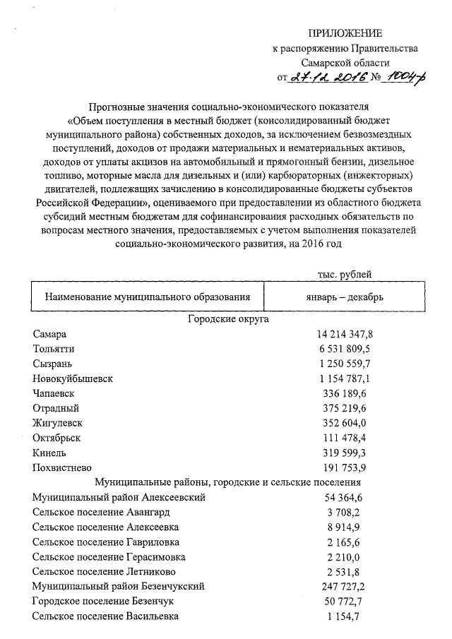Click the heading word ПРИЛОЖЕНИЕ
[345, 33]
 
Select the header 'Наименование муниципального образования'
[148, 297]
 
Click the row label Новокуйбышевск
[73, 378]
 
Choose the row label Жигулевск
[57, 423]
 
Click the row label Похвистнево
[61, 467]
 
